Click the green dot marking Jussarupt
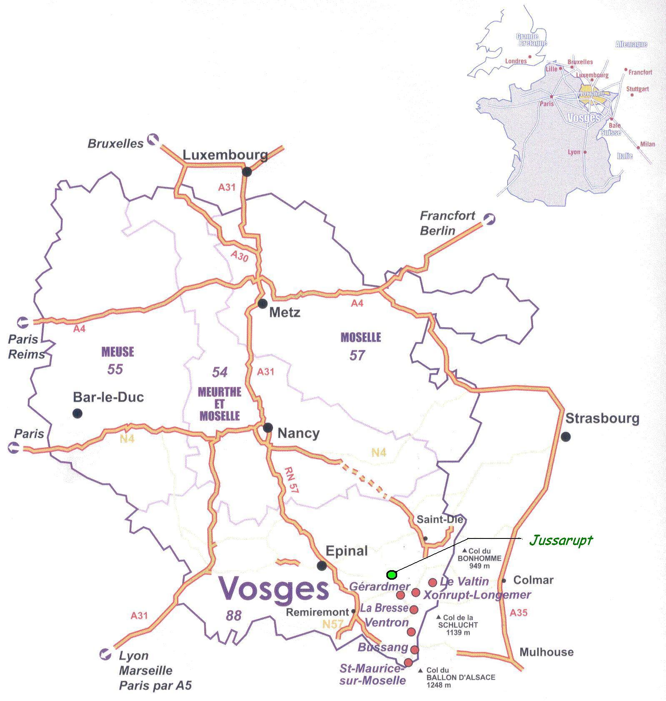(391, 575)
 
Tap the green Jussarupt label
(561, 541)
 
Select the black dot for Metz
(262, 303)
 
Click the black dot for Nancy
(268, 427)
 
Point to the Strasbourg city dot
(566, 437)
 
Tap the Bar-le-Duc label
(108, 397)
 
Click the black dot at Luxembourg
(247, 171)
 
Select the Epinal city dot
(321, 566)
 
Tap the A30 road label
(239, 256)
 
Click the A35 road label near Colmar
(518, 612)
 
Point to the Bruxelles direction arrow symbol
(153, 138)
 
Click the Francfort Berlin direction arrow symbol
(489, 218)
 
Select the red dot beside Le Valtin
(433, 582)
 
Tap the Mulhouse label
(546, 652)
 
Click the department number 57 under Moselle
(357, 355)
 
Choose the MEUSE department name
(118, 352)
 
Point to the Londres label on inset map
(516, 61)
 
